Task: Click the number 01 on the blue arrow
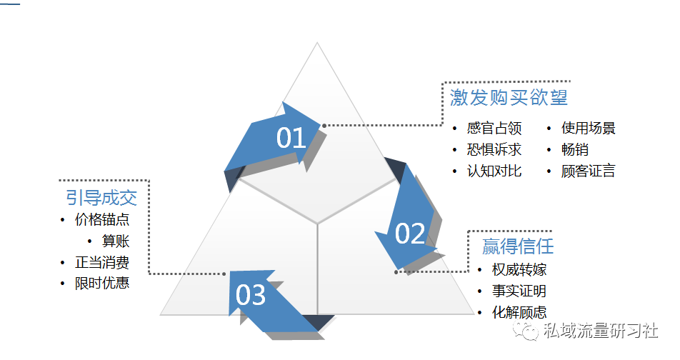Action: (x=291, y=138)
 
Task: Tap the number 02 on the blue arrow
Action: (x=410, y=234)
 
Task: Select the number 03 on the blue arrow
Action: (x=250, y=295)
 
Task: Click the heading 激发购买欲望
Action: (x=509, y=97)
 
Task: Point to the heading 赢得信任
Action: (x=518, y=246)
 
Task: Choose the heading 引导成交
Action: (x=101, y=198)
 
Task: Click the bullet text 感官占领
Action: (x=494, y=128)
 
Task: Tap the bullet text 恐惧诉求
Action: (x=494, y=149)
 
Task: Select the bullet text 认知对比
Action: (x=494, y=171)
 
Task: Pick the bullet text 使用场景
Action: (x=588, y=128)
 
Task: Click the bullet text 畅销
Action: (x=574, y=149)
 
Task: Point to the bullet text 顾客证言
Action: (x=588, y=171)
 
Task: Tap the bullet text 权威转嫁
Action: (x=519, y=270)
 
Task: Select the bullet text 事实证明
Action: (x=519, y=291)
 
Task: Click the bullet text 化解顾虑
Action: (x=519, y=312)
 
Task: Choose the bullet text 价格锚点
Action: (x=102, y=219)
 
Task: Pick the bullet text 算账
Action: (x=116, y=241)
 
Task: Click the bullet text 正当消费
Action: (x=102, y=262)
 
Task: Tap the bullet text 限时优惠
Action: (x=102, y=284)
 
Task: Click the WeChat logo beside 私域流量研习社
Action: (x=526, y=331)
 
